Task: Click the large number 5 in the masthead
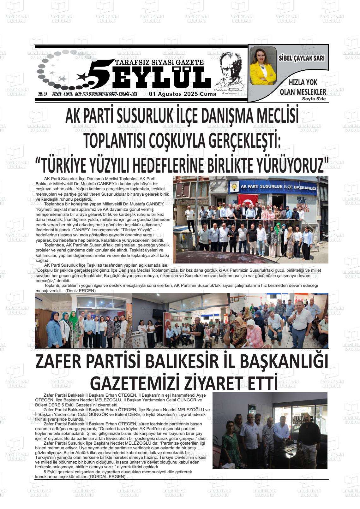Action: click(99, 73)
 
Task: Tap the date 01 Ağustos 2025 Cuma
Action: click(183, 94)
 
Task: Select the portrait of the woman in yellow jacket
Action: click(263, 66)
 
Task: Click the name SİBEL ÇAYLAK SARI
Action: click(302, 58)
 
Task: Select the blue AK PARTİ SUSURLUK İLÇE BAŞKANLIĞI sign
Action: click(278, 187)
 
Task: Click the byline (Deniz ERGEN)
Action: click(81, 291)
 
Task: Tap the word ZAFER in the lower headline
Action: click(60, 362)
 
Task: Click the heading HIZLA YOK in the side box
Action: click(303, 83)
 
